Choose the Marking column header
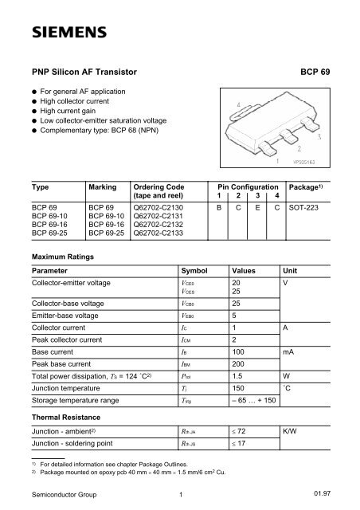[x=104, y=184]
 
